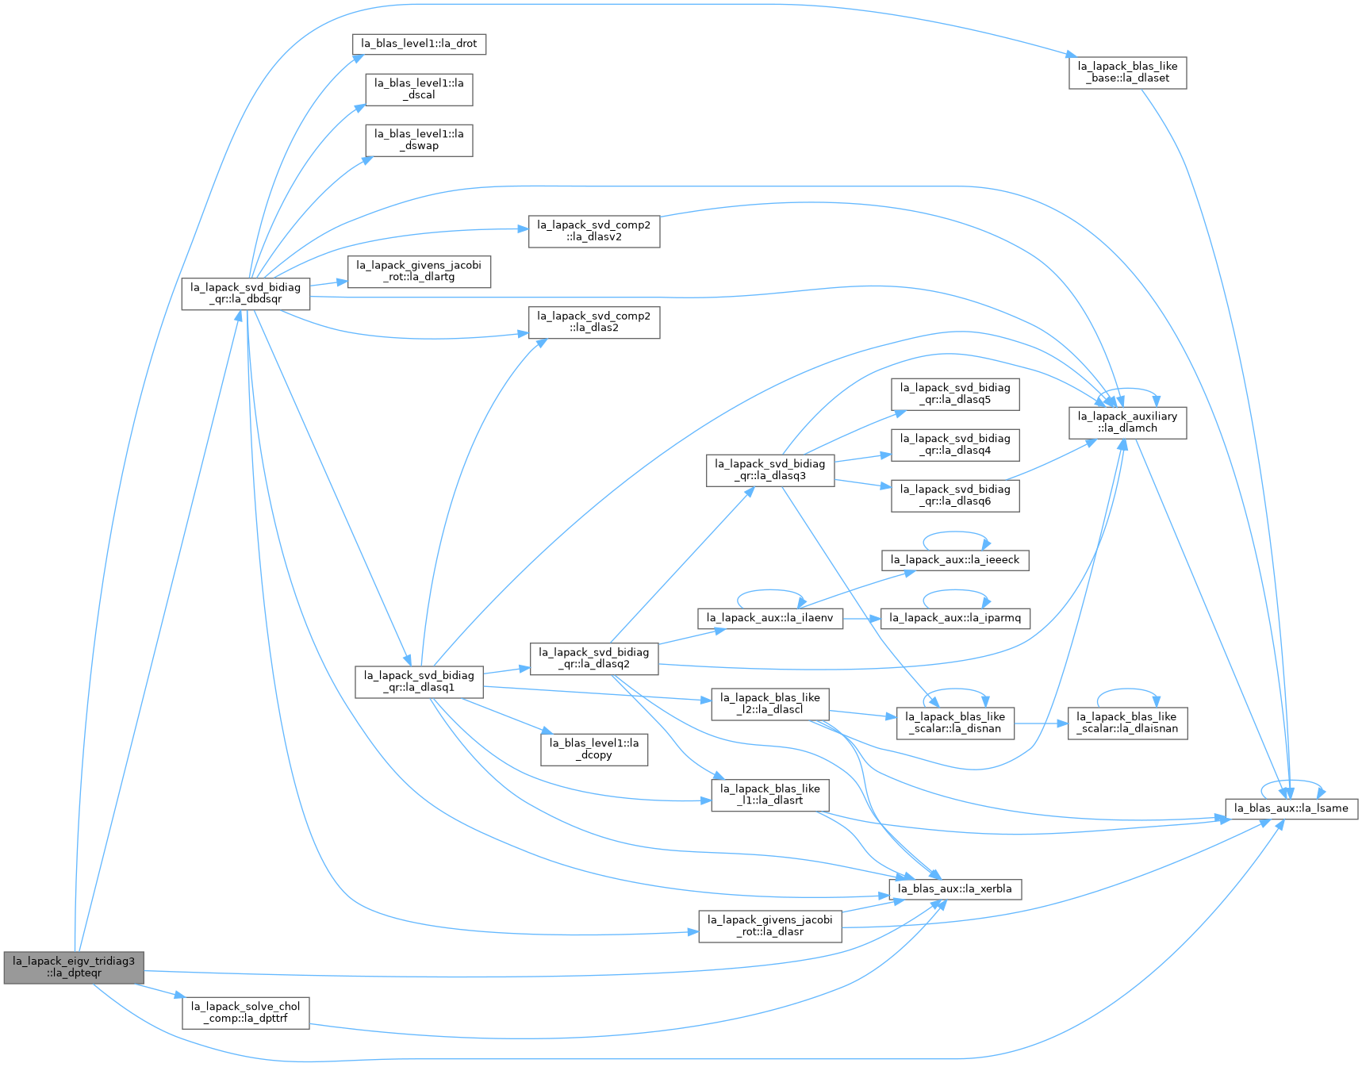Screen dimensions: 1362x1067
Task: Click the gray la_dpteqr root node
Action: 74,967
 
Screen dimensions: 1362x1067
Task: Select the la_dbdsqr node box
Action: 245,294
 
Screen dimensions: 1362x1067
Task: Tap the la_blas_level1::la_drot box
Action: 419,44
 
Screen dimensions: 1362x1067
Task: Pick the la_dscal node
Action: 419,89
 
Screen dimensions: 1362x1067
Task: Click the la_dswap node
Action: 419,140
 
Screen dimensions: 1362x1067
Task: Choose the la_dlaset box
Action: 1127,72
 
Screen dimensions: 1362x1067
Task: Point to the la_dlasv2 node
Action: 593,231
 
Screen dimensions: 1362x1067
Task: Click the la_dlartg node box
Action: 419,271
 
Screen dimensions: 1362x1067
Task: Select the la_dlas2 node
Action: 593,322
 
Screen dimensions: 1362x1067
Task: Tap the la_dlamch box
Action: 1127,422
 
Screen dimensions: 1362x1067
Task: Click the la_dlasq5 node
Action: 955,394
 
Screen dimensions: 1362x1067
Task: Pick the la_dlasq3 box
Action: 770,470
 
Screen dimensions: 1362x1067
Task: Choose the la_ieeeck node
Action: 955,560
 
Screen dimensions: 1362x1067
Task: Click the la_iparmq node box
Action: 955,618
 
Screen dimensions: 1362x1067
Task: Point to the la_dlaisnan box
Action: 1127,723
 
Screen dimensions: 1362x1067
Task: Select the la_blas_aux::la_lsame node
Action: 1292,808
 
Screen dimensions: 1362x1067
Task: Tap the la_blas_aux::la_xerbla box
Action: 955,889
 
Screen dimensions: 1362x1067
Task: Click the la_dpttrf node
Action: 245,1013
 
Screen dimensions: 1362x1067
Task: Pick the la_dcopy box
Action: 594,749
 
